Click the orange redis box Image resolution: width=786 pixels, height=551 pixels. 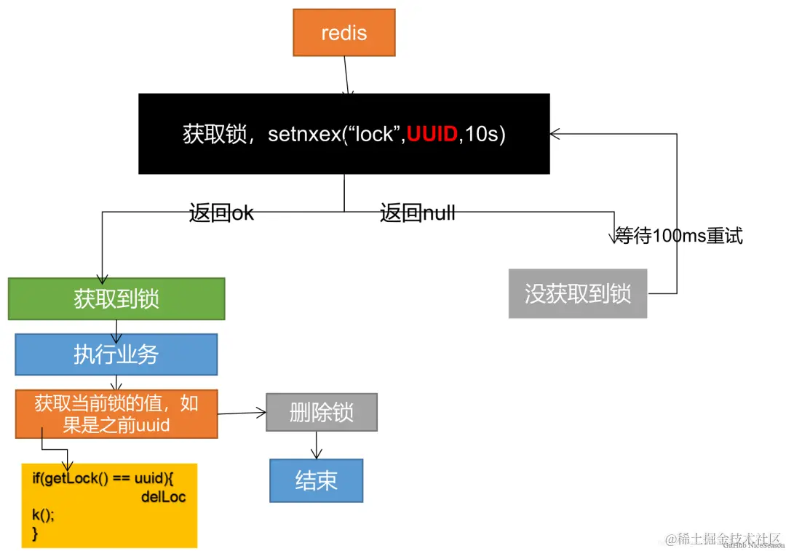click(344, 33)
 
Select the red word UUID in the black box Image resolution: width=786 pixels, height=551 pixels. click(432, 135)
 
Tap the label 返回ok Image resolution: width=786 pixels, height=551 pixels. click(221, 213)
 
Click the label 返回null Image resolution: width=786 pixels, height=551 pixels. click(417, 213)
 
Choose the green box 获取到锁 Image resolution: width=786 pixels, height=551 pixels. click(116, 298)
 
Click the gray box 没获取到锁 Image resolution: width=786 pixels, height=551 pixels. click(577, 293)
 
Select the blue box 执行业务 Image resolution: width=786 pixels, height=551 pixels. click(116, 354)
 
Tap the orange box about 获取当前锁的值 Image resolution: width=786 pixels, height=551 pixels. click(116, 414)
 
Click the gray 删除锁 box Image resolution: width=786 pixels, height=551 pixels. click(321, 413)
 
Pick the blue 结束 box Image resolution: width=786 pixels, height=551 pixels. click(316, 480)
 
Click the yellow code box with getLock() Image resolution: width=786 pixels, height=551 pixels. click(109, 505)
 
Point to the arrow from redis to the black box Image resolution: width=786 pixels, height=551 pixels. click(347, 76)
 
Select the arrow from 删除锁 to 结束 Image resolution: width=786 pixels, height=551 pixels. click(317, 445)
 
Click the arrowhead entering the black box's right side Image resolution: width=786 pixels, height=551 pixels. click(555, 134)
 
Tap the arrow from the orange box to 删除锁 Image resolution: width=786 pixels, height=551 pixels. click(242, 413)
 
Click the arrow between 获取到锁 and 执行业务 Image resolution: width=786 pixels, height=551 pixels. click(116, 327)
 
